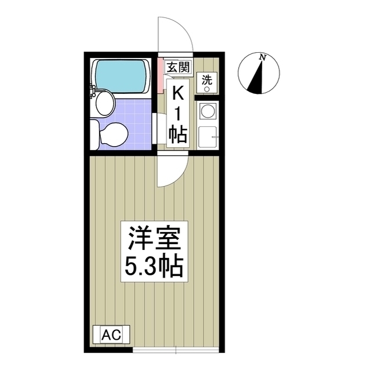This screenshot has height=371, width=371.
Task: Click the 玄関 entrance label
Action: [177, 67]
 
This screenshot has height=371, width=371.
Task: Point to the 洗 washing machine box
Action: [206, 82]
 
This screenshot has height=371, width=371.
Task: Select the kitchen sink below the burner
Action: [206, 137]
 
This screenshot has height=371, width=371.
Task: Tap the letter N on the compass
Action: [263, 57]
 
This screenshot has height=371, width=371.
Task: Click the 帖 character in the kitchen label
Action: [177, 134]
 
